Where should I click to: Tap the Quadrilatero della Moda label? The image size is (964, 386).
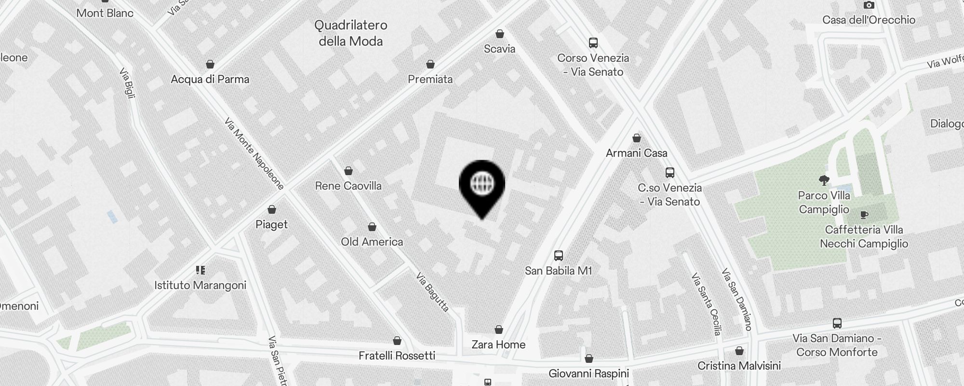tap(351, 33)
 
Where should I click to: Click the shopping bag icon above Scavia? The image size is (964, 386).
tap(500, 34)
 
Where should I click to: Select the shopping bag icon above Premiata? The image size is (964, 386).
tap(430, 64)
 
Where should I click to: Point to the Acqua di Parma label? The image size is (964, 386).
tap(210, 79)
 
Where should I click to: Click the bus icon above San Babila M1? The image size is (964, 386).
tap(559, 255)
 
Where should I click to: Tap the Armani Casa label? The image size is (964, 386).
tap(636, 153)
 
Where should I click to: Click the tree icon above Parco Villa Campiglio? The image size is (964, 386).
tap(824, 180)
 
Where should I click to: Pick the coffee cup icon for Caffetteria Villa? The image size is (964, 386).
tap(864, 215)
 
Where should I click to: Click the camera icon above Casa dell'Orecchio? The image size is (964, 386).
tap(869, 5)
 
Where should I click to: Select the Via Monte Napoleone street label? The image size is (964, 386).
tap(254, 153)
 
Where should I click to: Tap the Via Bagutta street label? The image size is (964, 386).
tap(433, 292)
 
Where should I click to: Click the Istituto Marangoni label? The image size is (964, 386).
tap(200, 285)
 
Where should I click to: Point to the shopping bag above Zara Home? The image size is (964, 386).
tap(499, 330)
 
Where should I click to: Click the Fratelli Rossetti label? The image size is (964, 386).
tap(397, 356)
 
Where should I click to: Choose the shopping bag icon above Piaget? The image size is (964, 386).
tap(272, 209)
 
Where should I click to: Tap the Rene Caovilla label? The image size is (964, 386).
tap(348, 186)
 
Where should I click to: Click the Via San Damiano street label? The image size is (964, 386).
tap(737, 299)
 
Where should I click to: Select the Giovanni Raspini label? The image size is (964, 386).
tap(589, 373)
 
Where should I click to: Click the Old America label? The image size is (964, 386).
tap(372, 242)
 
